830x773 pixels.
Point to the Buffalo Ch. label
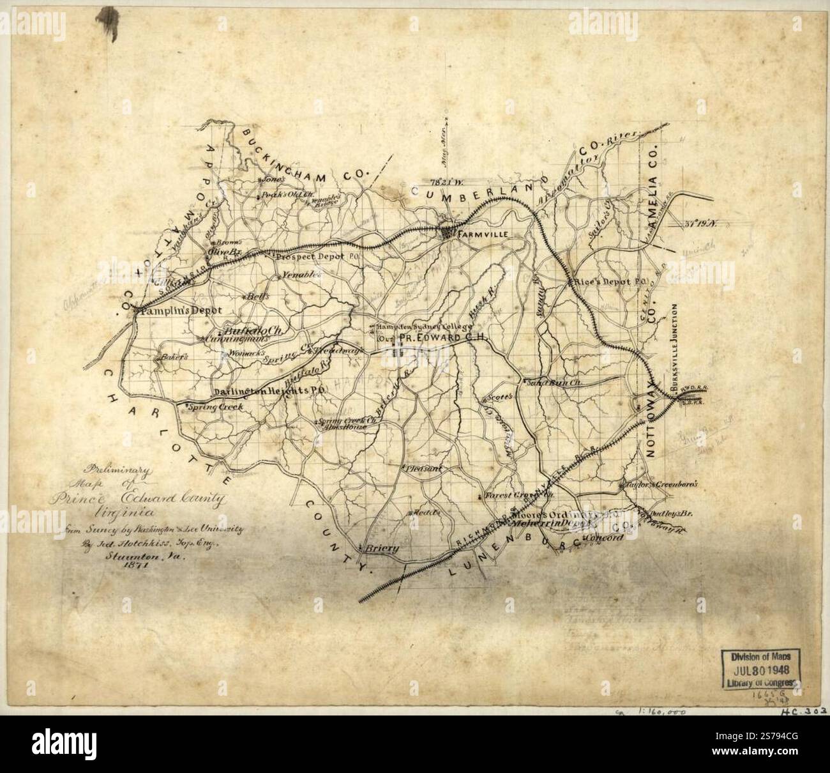[x=255, y=332]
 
